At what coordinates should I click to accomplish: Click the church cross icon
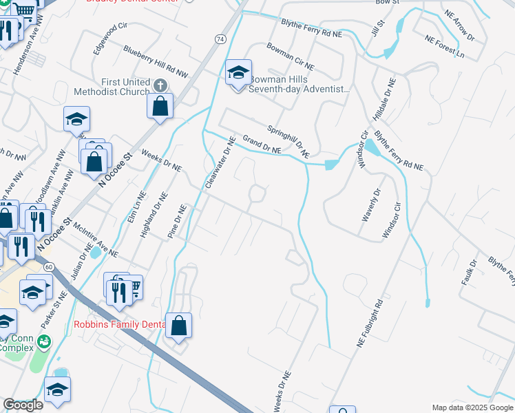[160, 85]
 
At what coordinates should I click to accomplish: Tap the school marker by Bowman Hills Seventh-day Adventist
[238, 72]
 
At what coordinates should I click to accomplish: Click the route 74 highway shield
[219, 39]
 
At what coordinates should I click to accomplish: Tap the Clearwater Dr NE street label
[220, 163]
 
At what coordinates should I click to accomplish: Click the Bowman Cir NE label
[289, 56]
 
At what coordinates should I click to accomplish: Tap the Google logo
[23, 405]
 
